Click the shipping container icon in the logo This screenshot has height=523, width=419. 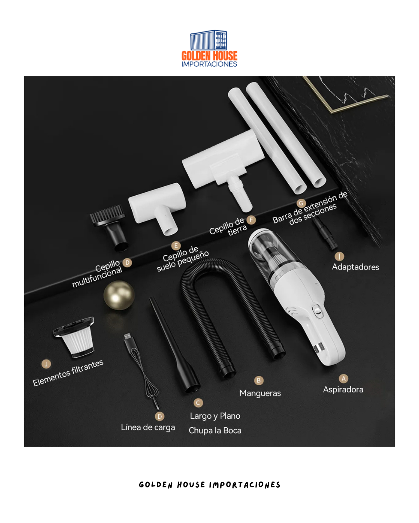point(208,40)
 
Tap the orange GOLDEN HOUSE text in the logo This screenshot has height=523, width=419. point(209,56)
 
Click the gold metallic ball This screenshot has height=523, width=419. point(119,295)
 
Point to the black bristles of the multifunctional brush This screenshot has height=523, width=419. point(107,214)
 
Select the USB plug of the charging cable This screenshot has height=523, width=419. point(128,337)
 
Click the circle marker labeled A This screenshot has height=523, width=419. point(343,378)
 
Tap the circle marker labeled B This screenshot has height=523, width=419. point(258,380)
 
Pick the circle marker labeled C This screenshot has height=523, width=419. point(198,403)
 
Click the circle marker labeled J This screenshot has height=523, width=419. point(46,364)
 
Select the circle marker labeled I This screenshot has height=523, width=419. point(339,256)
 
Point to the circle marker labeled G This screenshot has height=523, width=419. point(301,203)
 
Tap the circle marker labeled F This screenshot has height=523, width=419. point(251,220)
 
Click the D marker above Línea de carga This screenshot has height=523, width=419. point(160,416)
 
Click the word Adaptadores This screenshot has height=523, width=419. point(355,267)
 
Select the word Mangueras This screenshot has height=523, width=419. point(260,393)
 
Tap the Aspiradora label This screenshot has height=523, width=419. point(343,390)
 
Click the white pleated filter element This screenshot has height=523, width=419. point(78,339)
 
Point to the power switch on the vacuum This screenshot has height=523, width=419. point(317,311)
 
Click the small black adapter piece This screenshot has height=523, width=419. point(325,233)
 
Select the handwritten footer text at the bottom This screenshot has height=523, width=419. point(209,485)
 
